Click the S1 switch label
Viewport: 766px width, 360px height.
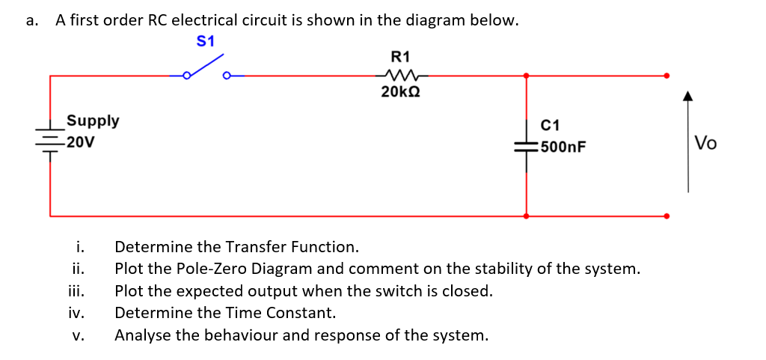coord(205,41)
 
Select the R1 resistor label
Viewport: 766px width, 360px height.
coord(401,56)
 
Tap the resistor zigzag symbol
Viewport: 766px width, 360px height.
coord(400,75)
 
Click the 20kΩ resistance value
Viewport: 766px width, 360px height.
coord(400,92)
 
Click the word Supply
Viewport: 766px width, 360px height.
coord(93,120)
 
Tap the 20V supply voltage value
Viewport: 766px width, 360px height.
coord(79,141)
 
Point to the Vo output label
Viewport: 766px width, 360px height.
coord(705,143)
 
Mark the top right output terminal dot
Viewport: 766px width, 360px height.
coord(667,75)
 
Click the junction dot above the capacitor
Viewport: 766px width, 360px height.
coord(526,75)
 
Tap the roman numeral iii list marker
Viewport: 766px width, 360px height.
coord(77,291)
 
